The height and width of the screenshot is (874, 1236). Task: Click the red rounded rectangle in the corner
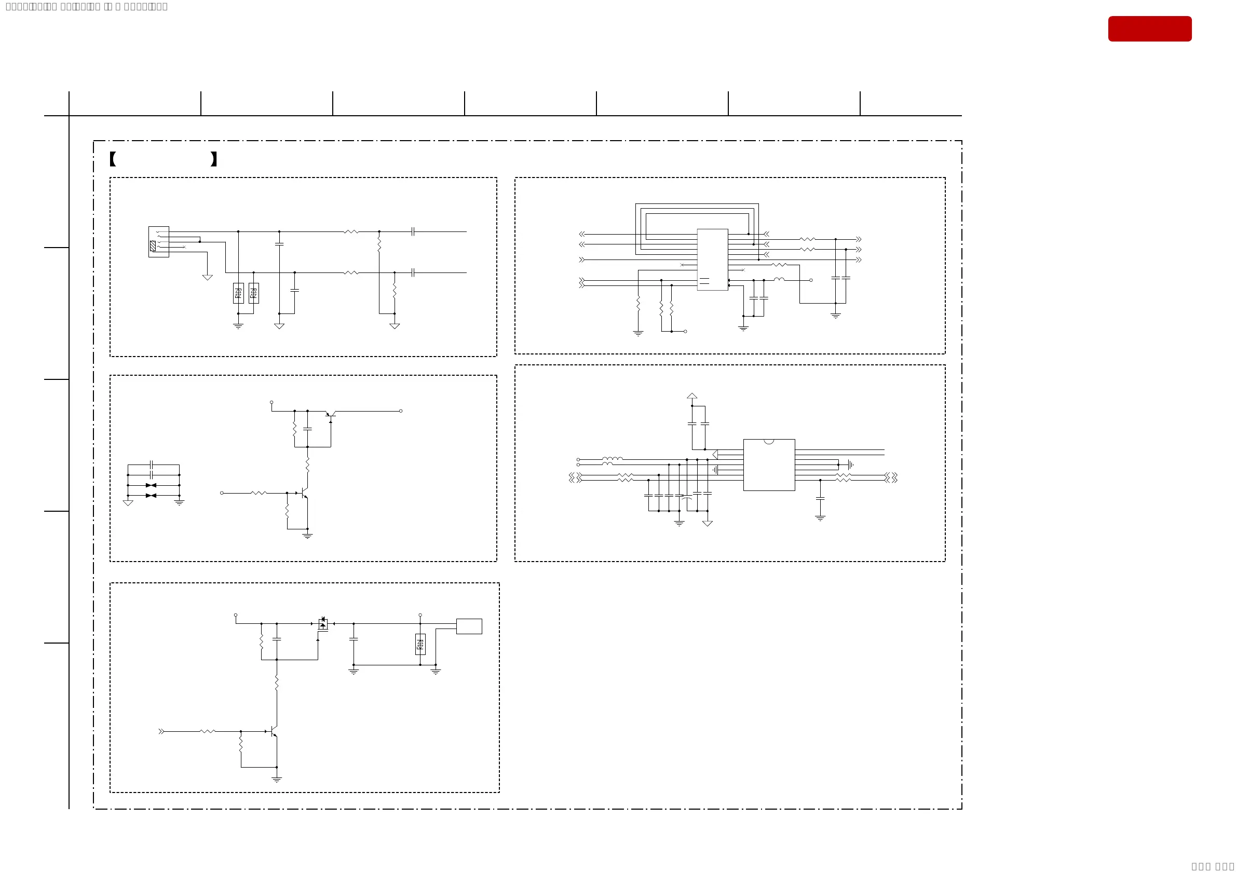pyautogui.click(x=1149, y=29)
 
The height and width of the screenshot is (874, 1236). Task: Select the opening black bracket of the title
pyautogui.click(x=113, y=159)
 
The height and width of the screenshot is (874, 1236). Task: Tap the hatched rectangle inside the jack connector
pyautogui.click(x=153, y=246)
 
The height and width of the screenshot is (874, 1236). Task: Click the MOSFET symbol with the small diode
pyautogui.click(x=322, y=624)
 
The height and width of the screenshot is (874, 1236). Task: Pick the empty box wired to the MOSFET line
pyautogui.click(x=469, y=626)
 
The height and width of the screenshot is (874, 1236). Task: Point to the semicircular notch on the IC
pyautogui.click(x=769, y=442)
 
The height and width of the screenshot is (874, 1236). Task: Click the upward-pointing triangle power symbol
pyautogui.click(x=692, y=396)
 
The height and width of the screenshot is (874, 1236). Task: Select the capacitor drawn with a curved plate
pyautogui.click(x=686, y=498)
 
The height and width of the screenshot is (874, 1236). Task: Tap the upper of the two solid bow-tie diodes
pyautogui.click(x=151, y=485)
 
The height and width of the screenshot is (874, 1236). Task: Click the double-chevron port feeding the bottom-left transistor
pyautogui.click(x=161, y=731)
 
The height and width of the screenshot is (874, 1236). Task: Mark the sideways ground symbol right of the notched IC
pyautogui.click(x=850, y=465)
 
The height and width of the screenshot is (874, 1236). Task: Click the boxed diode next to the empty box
pyautogui.click(x=420, y=644)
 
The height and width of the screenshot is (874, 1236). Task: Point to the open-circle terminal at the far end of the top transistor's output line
pyautogui.click(x=401, y=411)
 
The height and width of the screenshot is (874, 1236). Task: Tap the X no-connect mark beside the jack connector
pyautogui.click(x=184, y=247)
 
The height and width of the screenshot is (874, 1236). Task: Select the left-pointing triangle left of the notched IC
pyautogui.click(x=715, y=455)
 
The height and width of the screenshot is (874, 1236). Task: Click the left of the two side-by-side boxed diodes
pyautogui.click(x=238, y=293)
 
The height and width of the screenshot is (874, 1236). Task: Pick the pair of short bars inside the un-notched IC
pyautogui.click(x=704, y=281)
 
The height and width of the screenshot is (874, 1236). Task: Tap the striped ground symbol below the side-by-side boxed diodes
pyautogui.click(x=238, y=326)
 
